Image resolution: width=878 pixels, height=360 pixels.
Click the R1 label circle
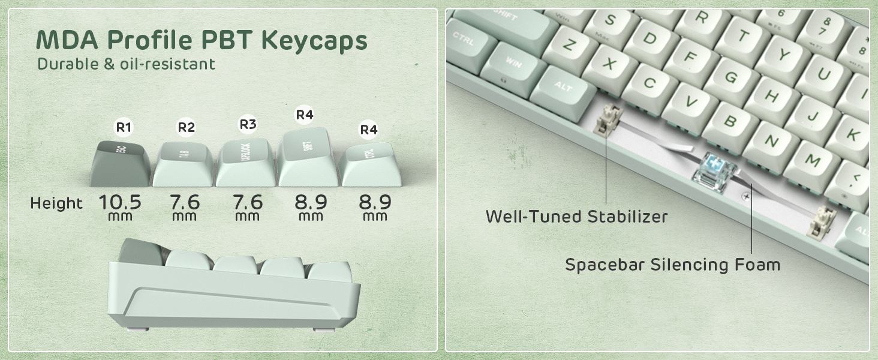click(x=124, y=127)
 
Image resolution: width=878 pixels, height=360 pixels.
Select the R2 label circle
click(x=187, y=127)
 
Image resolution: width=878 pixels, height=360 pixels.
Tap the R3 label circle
click(x=248, y=124)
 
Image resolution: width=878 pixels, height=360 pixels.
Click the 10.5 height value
click(x=121, y=202)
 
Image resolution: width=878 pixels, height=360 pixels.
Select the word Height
click(x=56, y=203)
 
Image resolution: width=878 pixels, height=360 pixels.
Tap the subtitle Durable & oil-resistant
click(x=126, y=64)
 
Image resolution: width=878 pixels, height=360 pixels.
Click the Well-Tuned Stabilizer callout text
click(x=576, y=216)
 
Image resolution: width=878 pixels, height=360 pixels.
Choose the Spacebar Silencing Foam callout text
click(x=672, y=264)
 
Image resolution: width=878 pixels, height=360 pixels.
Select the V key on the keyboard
click(x=690, y=101)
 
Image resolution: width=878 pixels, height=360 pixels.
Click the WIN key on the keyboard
click(x=513, y=62)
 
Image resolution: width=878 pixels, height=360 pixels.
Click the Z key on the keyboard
click(x=570, y=45)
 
